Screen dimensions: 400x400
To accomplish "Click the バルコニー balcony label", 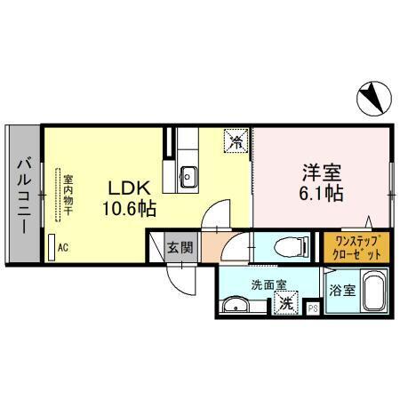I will pyautogui.click(x=24, y=193).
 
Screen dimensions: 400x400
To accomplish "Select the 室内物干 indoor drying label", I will pyautogui.click(x=68, y=195).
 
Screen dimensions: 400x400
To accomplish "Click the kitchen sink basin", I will pyautogui.click(x=188, y=174).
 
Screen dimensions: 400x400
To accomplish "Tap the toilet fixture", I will pyautogui.click(x=285, y=246).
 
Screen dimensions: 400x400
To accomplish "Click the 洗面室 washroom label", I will pyautogui.click(x=268, y=286).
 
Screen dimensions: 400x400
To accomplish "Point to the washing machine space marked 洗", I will pyautogui.click(x=286, y=303).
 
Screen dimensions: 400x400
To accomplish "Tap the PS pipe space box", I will pyautogui.click(x=312, y=308).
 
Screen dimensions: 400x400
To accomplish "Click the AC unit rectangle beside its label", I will pyautogui.click(x=51, y=246).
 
